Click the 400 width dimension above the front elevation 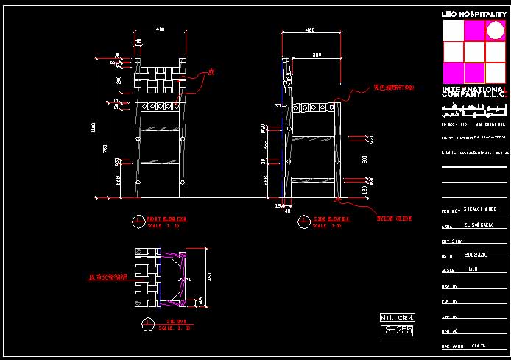(x=160, y=29)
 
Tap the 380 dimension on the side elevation (x=317, y=54)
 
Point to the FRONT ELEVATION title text (x=166, y=219)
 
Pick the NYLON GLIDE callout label (x=394, y=219)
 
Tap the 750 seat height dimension (x=105, y=149)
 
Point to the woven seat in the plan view (x=147, y=278)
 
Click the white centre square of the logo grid (x=473, y=52)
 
